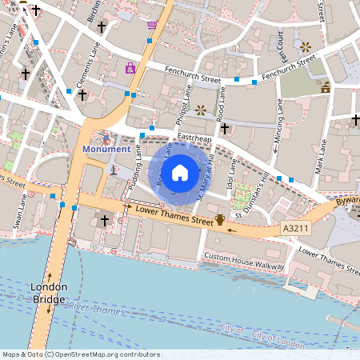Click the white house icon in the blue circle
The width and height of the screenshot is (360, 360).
pyautogui.click(x=180, y=172)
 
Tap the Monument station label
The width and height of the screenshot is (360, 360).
pyautogui.click(x=106, y=149)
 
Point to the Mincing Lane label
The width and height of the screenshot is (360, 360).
pyautogui.click(x=278, y=121)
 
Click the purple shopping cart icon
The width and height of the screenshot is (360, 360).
pyautogui.click(x=151, y=25)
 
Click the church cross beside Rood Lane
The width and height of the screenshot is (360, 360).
pyautogui.click(x=225, y=128)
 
